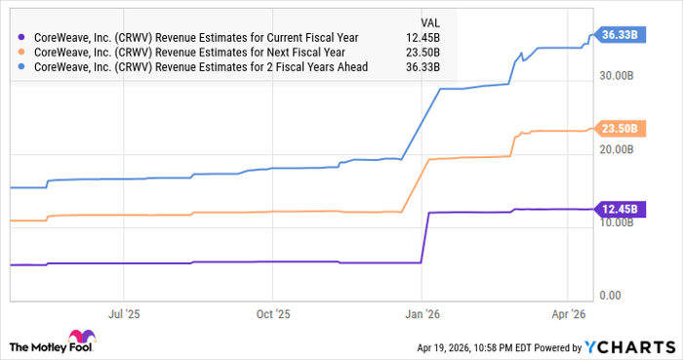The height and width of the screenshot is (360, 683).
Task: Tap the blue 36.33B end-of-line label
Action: (620, 34)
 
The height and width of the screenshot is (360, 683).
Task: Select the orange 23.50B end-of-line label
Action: (620, 128)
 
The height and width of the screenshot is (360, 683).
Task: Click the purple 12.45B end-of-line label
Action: (620, 209)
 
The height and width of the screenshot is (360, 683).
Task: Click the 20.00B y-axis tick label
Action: (622, 149)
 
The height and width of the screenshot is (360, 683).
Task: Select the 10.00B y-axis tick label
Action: (622, 222)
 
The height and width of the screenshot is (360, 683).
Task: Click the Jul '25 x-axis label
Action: (124, 315)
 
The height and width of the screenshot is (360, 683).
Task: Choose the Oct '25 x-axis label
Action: (274, 315)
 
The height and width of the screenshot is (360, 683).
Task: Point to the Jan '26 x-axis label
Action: (422, 315)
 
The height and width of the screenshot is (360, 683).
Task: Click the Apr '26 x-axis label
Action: (569, 315)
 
